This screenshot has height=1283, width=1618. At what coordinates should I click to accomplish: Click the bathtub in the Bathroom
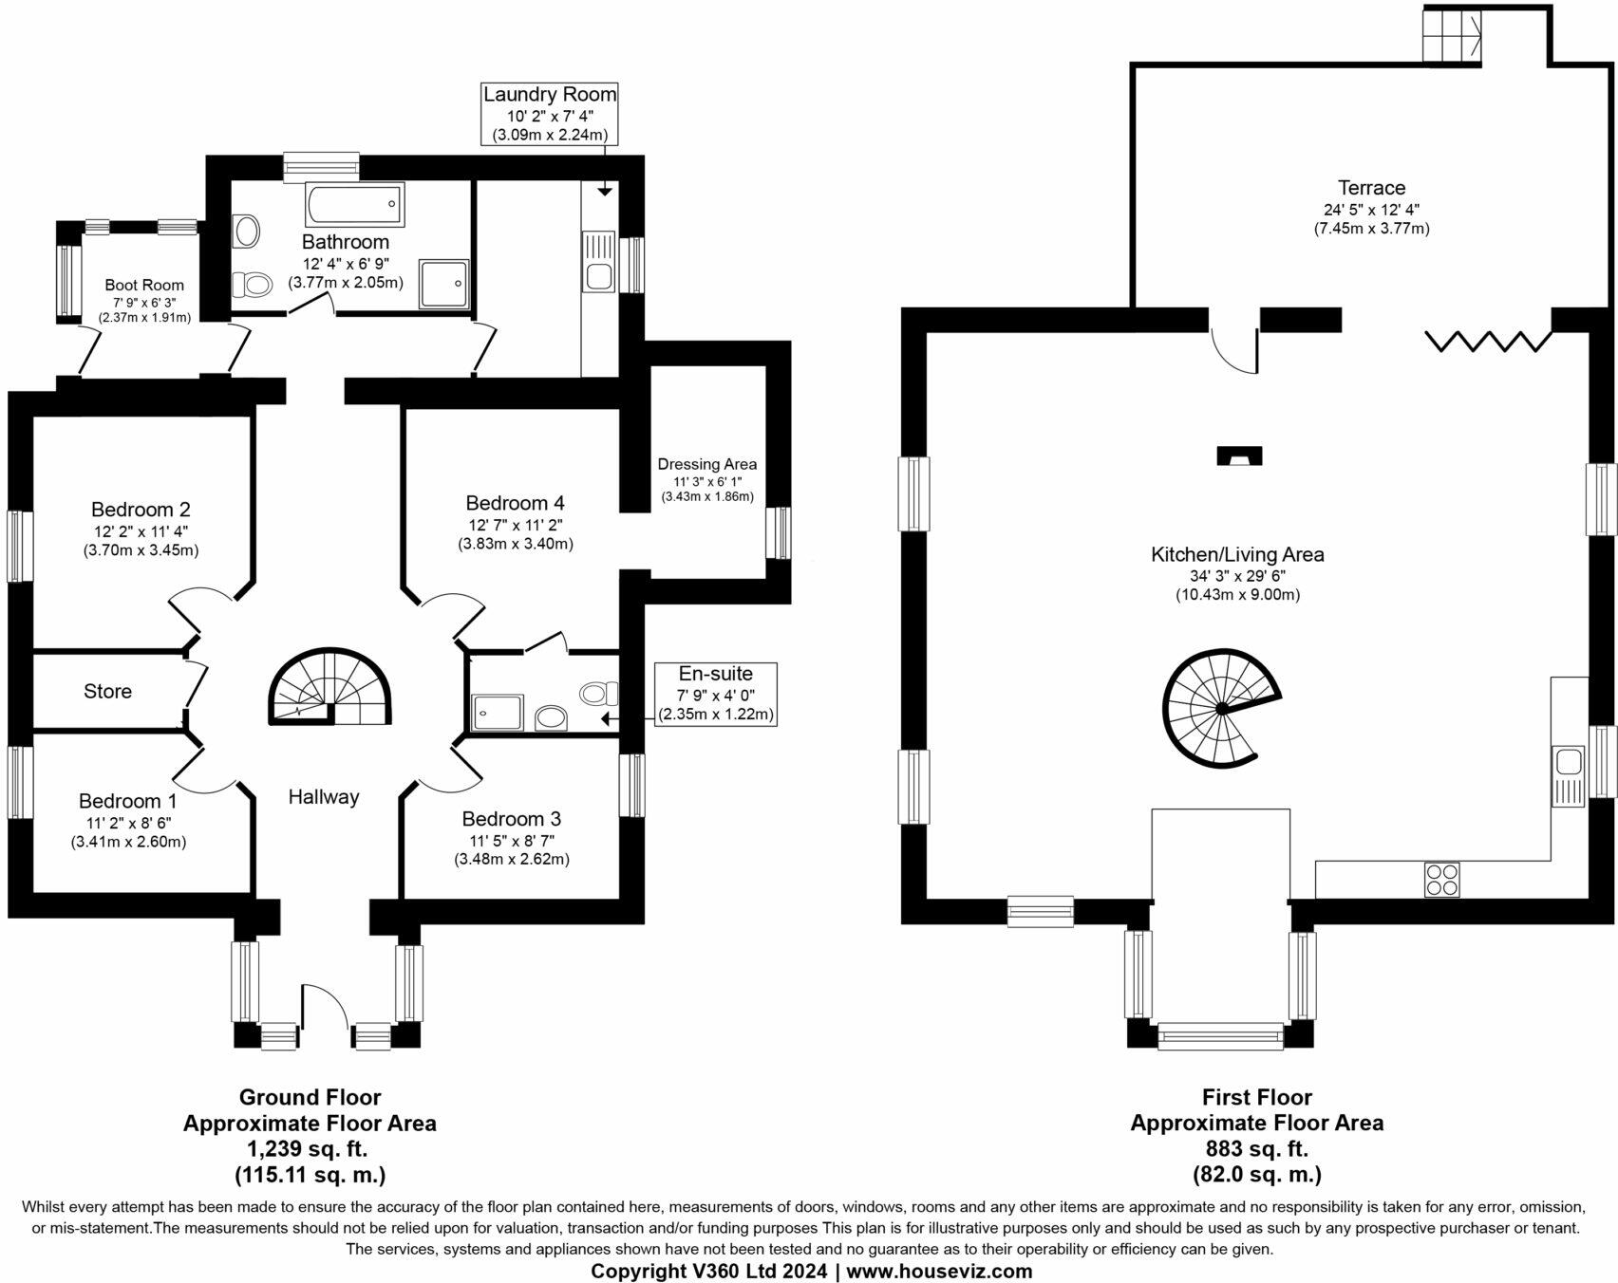coord(354,203)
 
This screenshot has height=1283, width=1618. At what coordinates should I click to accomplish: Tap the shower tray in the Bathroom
coord(444,284)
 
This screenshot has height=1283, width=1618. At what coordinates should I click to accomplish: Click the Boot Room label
coord(144,285)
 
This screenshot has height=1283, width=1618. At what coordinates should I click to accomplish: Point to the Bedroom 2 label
coord(141,510)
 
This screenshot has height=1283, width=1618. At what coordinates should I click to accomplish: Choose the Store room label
coord(107,692)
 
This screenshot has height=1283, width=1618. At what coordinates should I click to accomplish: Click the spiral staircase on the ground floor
coord(329,688)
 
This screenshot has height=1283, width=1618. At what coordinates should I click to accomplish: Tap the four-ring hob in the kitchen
coord(1441,879)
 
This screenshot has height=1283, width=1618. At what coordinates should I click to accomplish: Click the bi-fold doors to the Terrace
coord(1489,342)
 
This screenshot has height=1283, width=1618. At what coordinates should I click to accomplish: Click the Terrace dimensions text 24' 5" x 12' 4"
coord(1371,210)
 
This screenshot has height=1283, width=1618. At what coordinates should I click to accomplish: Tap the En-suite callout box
coord(715,695)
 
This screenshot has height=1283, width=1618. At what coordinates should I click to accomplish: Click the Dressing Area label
coord(707,464)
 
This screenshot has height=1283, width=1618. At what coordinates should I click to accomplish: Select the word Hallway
coord(324,797)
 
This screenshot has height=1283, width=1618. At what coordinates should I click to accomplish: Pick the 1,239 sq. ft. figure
coord(309,1148)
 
